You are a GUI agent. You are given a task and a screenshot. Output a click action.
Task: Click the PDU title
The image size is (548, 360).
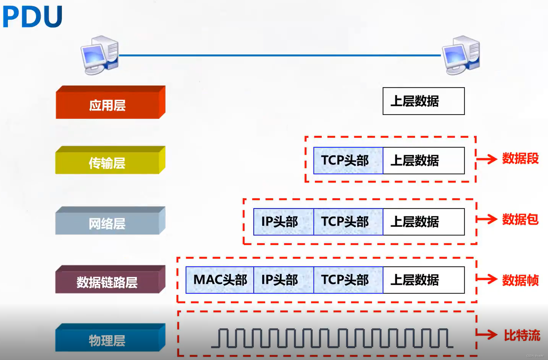pos(32,17)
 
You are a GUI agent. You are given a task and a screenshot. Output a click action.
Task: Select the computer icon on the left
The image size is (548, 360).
pos(100,55)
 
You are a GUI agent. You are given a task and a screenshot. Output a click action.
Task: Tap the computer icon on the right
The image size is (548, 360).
pos(461,55)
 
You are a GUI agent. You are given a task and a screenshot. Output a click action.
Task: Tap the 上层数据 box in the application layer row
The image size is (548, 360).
pos(424,101)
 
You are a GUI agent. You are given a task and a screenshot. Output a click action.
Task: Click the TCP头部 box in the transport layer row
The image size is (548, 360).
pos(348,161)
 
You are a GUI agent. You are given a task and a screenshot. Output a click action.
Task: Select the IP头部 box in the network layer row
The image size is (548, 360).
pos(283,222)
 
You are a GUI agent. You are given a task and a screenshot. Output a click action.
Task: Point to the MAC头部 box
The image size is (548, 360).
pos(220,280)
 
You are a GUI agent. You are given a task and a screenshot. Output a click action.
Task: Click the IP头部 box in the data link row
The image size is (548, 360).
pos(283,280)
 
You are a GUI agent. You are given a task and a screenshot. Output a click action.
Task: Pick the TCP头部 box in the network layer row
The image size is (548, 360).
pos(348,222)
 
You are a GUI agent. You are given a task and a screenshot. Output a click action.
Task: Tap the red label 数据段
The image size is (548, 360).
pos(520,159)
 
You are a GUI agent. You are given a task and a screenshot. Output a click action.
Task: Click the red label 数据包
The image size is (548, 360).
pos(520,219)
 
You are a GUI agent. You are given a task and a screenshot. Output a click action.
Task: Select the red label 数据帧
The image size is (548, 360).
pos(520,280)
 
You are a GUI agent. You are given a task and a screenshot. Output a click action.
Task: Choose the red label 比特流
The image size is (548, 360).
pos(522,335)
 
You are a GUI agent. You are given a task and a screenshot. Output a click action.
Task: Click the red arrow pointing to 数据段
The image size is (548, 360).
pos(487,159)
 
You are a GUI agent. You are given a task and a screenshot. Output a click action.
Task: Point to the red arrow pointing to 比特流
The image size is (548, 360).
pos(487,334)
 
